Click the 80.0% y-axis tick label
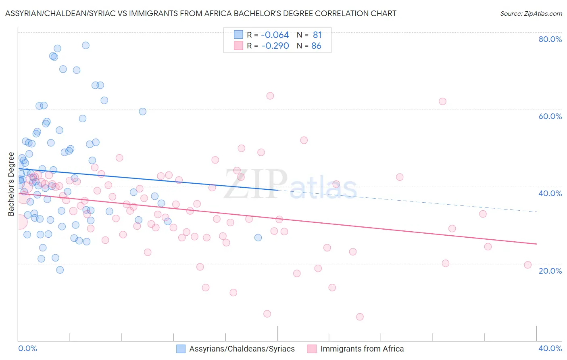tap(550, 39)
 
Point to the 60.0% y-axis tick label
tap(550, 116)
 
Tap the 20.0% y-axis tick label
tap(550, 271)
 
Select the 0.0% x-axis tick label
tap(27, 348)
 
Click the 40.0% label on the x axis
tap(550, 348)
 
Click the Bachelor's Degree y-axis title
tap(11, 184)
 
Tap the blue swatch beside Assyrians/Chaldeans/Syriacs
tap(181, 349)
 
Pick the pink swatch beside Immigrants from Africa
tap(312, 349)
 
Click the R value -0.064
tap(275, 35)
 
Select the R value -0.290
tap(275, 46)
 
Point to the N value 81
tap(317, 35)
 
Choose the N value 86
tap(316, 46)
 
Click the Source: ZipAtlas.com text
tap(531, 14)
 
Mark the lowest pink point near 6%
tap(360, 317)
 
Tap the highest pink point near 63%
tap(270, 96)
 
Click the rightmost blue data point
tap(258, 237)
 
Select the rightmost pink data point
tap(528, 265)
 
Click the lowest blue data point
tap(60, 270)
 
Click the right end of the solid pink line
tap(536, 244)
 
